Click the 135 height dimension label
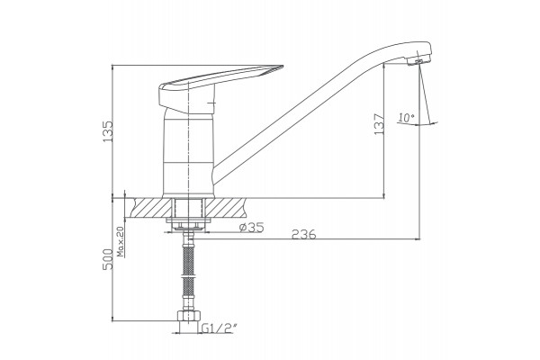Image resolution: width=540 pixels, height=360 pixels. click(107, 131)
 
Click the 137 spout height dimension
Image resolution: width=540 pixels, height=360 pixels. click(379, 124)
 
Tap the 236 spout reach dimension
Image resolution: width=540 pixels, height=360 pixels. click(303, 234)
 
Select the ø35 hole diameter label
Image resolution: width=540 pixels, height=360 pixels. click(252, 227)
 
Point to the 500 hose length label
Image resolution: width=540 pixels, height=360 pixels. click(107, 259)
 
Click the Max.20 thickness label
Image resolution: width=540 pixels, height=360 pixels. click(121, 243)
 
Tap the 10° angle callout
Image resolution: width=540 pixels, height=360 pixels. click(407, 118)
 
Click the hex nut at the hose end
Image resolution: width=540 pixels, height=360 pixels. click(188, 316)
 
